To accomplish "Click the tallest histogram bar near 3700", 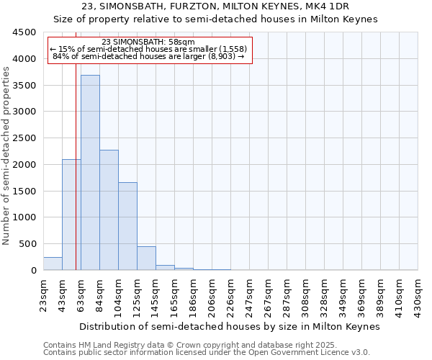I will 90,173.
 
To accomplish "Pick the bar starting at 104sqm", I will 127,226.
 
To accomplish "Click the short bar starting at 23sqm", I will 53,264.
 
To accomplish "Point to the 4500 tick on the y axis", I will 24,32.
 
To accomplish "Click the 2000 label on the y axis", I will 24,165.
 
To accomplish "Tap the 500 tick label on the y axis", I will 27,244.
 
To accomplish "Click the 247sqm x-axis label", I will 249,294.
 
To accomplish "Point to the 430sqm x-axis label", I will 418,294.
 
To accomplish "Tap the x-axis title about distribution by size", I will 229,326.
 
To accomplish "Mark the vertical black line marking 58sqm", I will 76,180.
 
